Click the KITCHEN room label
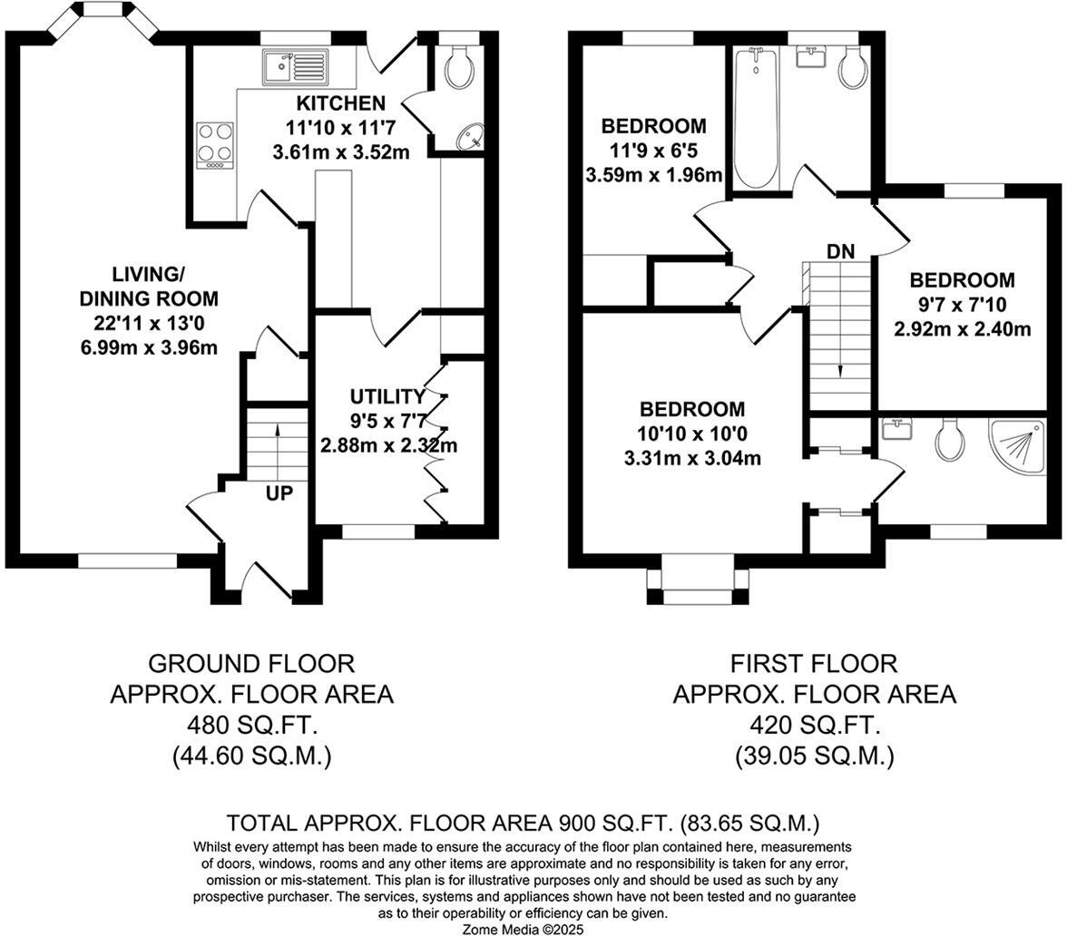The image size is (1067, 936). click(x=340, y=103)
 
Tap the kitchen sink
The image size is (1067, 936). click(x=293, y=65)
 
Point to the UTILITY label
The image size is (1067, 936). click(x=387, y=396)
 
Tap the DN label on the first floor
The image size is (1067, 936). click(x=840, y=251)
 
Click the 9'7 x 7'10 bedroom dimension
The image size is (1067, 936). click(x=962, y=305)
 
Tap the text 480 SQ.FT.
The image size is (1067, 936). click(x=251, y=726)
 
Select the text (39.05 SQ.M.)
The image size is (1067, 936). click(x=814, y=756)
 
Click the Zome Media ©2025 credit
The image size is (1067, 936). click(x=524, y=929)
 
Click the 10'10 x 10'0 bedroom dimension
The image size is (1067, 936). click(x=691, y=434)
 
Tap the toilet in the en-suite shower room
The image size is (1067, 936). click(x=949, y=440)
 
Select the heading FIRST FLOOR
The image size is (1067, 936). click(x=814, y=664)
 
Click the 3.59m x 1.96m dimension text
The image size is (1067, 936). click(x=653, y=174)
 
